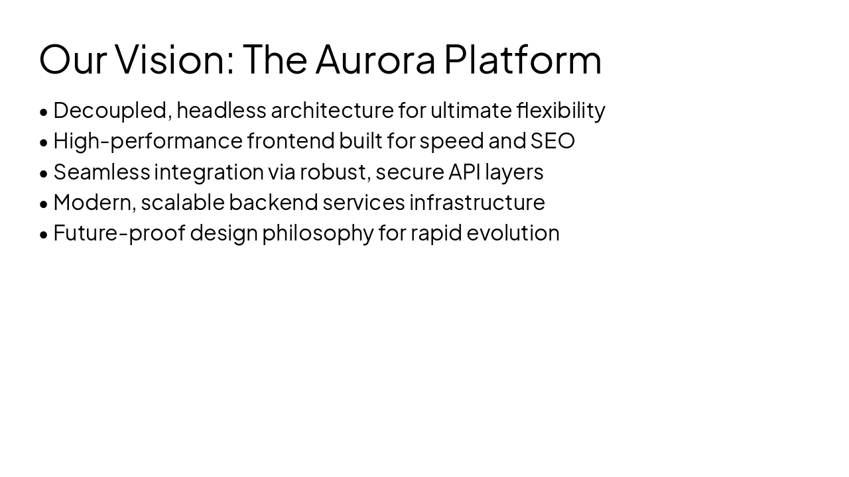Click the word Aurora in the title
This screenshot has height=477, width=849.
pos(375,59)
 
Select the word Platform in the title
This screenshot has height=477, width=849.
pos(523,59)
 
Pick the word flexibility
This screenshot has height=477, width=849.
pos(561,111)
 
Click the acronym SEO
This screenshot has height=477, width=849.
pos(553,141)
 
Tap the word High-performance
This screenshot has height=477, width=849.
pos(148,141)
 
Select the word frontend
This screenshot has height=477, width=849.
pos(291,141)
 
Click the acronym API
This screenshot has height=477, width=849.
pos(464,172)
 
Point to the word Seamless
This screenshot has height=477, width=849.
pos(102,172)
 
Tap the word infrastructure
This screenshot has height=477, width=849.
pos(477,202)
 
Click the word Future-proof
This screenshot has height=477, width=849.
pos(119,233)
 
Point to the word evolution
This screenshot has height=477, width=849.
pos(513,233)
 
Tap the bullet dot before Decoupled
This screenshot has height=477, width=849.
pos(44,112)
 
